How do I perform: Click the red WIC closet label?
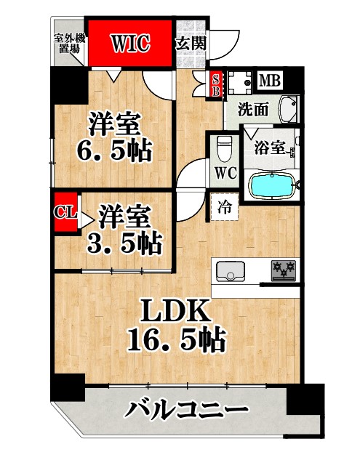click(x=131, y=44)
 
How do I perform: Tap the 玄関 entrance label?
click(x=191, y=43)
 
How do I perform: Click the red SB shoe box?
click(x=215, y=86)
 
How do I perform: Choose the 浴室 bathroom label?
click(x=268, y=148)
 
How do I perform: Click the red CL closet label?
click(x=65, y=214)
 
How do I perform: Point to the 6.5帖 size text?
click(x=114, y=152)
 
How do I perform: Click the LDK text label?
click(x=177, y=313)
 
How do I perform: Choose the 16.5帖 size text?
click(x=177, y=339)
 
